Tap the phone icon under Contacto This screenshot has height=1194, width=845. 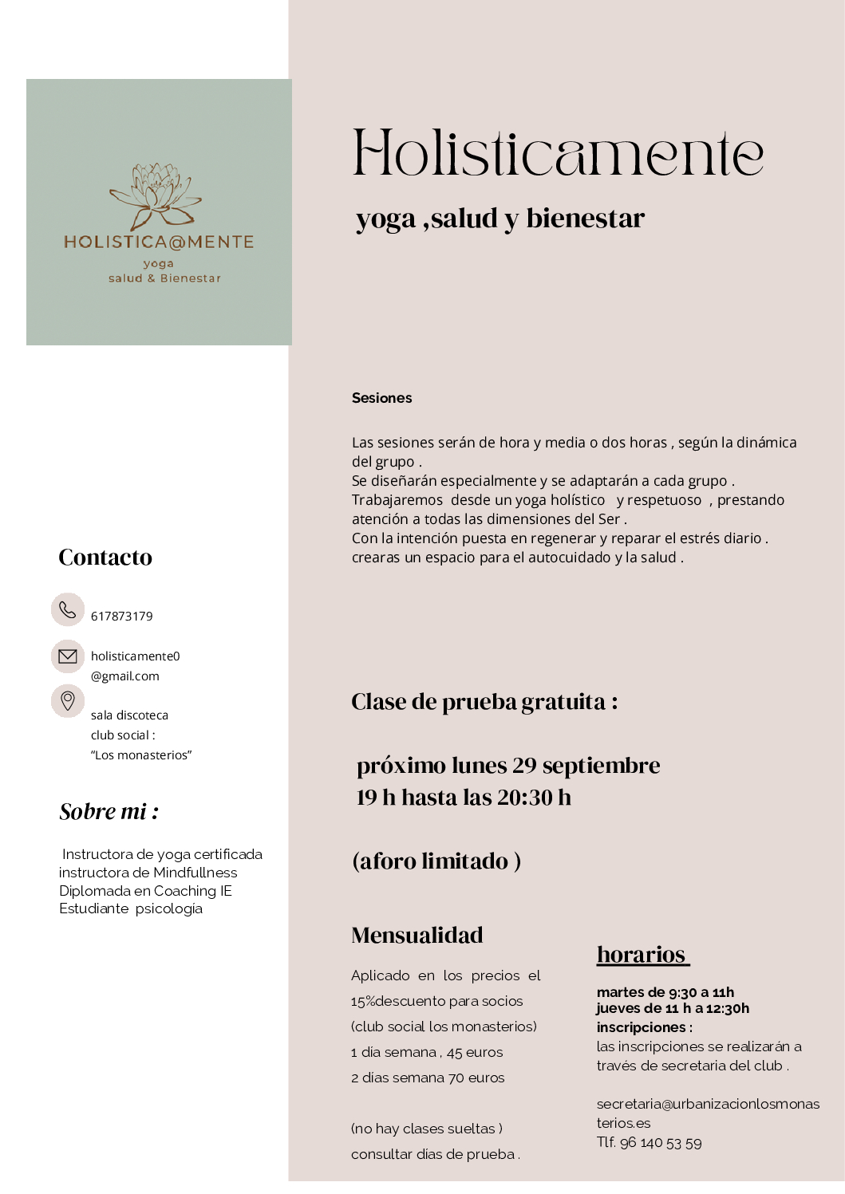pyautogui.click(x=68, y=610)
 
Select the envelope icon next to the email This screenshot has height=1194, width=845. pyautogui.click(x=68, y=656)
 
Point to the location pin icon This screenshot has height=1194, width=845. pyautogui.click(x=68, y=701)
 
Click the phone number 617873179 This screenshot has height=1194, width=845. pyautogui.click(x=122, y=617)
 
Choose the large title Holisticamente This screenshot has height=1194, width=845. pyautogui.click(x=558, y=153)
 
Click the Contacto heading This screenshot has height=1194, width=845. pyautogui.click(x=105, y=558)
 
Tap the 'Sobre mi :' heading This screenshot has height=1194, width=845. pyautogui.click(x=109, y=812)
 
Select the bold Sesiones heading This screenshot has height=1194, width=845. pyautogui.click(x=381, y=398)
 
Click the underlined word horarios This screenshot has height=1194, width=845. pyautogui.click(x=642, y=955)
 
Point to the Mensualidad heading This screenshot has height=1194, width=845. pyautogui.click(x=417, y=936)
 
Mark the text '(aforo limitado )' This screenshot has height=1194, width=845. pyautogui.click(x=436, y=861)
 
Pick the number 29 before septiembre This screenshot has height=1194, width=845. pyautogui.click(x=524, y=766)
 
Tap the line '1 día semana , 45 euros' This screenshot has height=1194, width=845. pyautogui.click(x=427, y=1053)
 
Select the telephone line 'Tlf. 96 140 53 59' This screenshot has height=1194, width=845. pyautogui.click(x=650, y=1143)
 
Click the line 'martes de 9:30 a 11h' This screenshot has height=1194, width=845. pyautogui.click(x=665, y=992)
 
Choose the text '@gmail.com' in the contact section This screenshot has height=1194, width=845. pyautogui.click(x=125, y=676)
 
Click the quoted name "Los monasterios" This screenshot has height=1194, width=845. pyautogui.click(x=141, y=755)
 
